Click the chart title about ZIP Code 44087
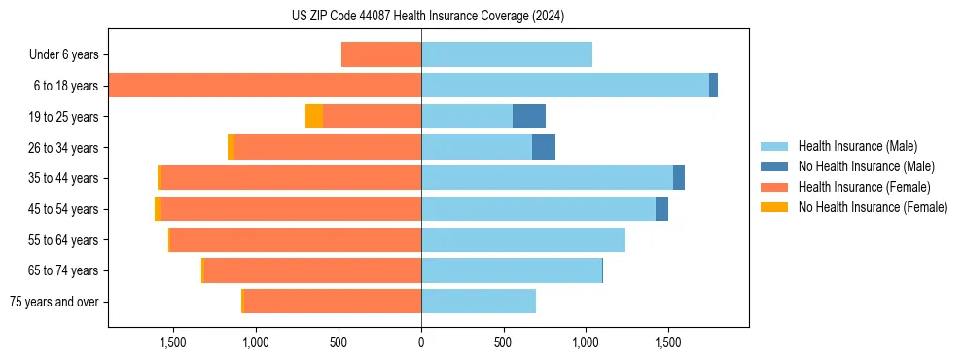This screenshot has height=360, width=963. pyautogui.click(x=428, y=16)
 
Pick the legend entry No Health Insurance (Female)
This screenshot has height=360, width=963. pyautogui.click(x=873, y=207)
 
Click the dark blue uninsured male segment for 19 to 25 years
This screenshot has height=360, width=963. pyautogui.click(x=529, y=117)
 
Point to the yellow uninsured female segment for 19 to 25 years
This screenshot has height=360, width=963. pyautogui.click(x=314, y=117)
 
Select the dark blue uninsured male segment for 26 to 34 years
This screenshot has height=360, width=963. pyautogui.click(x=544, y=147)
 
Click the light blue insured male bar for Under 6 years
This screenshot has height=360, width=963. pyautogui.click(x=507, y=55)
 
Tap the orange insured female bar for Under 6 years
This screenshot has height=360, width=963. pyautogui.click(x=381, y=55)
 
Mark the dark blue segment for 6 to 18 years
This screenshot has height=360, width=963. pyautogui.click(x=713, y=86)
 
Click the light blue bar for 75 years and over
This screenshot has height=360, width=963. pyautogui.click(x=479, y=302)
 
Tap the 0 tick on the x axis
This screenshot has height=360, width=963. pyautogui.click(x=421, y=342)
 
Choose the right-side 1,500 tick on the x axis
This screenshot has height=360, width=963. pyautogui.click(x=668, y=342)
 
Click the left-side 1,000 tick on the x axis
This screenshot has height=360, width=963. pyautogui.click(x=256, y=342)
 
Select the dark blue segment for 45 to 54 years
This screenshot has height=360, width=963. pyautogui.click(x=661, y=209)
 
